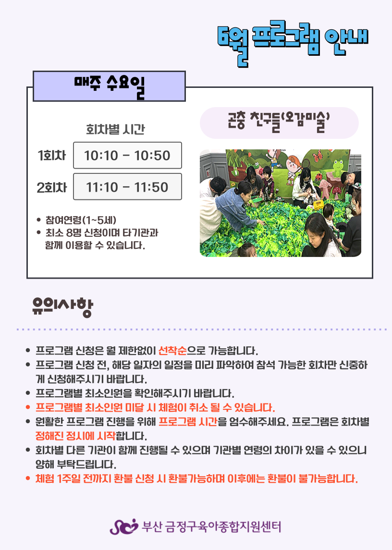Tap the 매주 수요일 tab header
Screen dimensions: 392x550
(109, 86)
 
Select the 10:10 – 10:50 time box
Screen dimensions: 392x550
(127, 155)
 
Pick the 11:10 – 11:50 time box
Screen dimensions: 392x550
(127, 186)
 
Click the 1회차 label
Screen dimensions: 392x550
(52, 155)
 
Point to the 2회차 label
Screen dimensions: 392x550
(52, 187)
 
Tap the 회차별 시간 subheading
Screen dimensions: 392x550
(115, 129)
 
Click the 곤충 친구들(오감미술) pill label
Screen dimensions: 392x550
(279, 123)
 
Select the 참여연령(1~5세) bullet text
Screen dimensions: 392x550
(81, 220)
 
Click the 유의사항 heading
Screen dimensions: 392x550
(62, 307)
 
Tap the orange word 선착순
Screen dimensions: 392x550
(172, 350)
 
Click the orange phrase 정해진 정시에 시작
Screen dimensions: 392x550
(75, 436)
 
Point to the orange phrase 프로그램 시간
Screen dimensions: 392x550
(188, 422)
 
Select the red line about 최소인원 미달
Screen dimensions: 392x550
(155, 408)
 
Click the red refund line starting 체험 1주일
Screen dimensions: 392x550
(196, 479)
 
